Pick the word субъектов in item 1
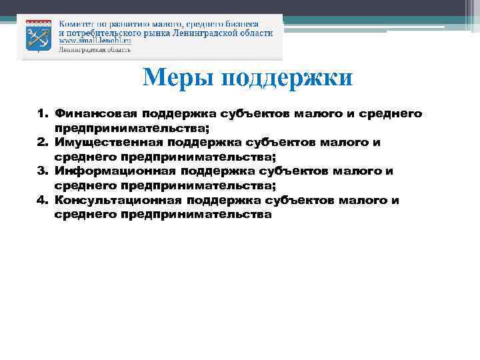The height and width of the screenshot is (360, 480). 254,114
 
